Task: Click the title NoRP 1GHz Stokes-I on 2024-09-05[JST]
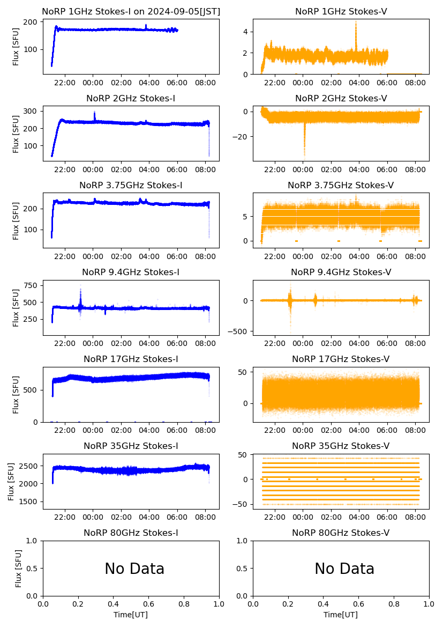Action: pyautogui.click(x=131, y=11)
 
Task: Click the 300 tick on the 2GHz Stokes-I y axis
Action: pyautogui.click(x=32, y=111)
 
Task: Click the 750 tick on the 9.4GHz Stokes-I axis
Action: pyautogui.click(x=32, y=285)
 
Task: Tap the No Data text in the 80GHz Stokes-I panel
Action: pyautogui.click(x=134, y=569)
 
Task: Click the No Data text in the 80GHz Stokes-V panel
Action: pyautogui.click(x=344, y=569)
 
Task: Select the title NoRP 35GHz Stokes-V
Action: pyautogui.click(x=341, y=446)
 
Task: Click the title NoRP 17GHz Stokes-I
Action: pyautogui.click(x=131, y=359)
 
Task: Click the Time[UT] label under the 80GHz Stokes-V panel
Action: pyautogui.click(x=341, y=615)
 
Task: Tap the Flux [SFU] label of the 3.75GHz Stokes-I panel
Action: pyautogui.click(x=16, y=220)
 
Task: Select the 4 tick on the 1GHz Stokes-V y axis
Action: pyautogui.click(x=244, y=32)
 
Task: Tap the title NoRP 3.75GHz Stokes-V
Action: pyautogui.click(x=341, y=185)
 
